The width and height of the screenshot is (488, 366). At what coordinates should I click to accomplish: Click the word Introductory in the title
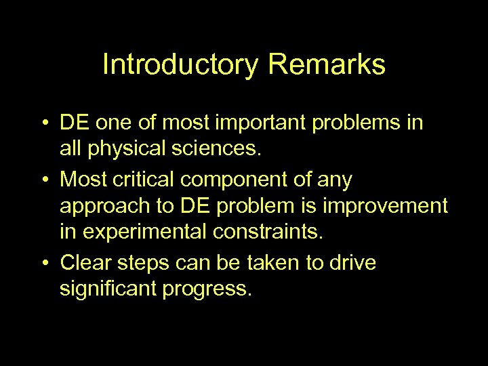[x=180, y=65]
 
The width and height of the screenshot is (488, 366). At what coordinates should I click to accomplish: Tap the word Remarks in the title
[x=327, y=65]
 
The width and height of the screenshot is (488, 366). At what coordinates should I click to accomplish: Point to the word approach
[x=100, y=207]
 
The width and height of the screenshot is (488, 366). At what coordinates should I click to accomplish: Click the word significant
[x=110, y=289]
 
